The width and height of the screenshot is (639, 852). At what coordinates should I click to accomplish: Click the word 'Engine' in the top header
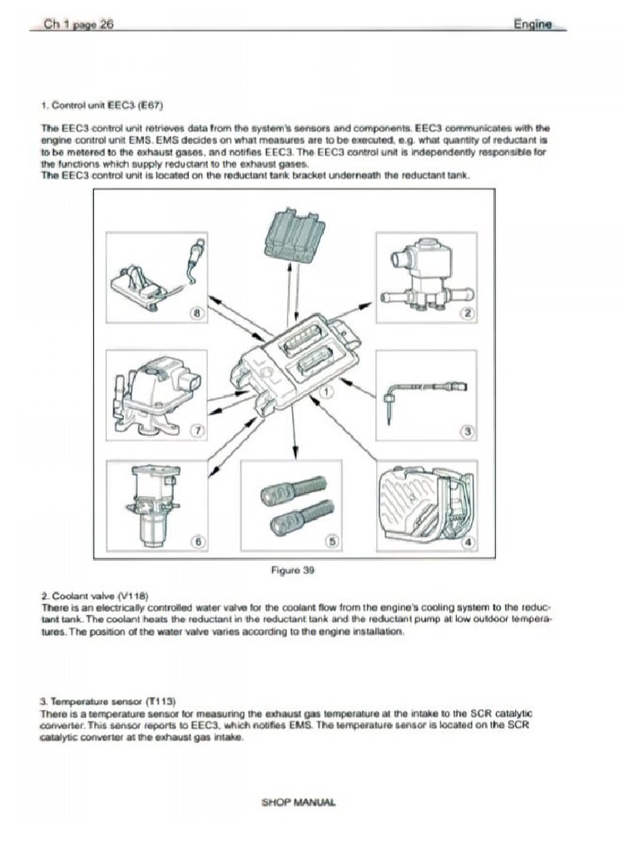[532, 25]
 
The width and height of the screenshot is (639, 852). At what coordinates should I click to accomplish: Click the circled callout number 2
[468, 313]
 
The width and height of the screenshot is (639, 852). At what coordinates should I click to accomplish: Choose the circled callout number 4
[468, 542]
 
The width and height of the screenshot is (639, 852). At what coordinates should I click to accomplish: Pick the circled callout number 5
[332, 542]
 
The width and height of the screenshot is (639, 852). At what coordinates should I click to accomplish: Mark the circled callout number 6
[198, 542]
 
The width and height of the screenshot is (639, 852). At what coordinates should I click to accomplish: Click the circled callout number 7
[198, 429]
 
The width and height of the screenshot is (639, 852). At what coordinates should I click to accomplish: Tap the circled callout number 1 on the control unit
[327, 389]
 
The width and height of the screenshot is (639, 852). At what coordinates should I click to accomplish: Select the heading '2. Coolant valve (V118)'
[94, 597]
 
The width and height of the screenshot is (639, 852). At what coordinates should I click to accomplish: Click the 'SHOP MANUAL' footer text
[299, 802]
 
